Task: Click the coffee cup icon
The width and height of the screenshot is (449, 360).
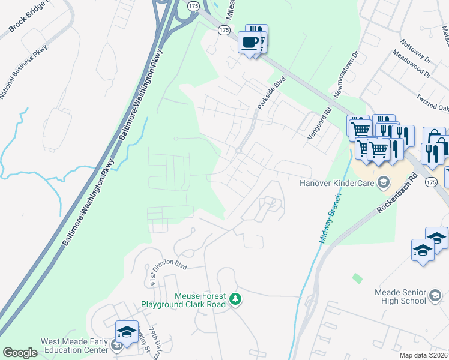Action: pyautogui.click(x=249, y=43)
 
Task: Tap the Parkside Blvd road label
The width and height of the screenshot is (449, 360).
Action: pyautogui.click(x=271, y=92)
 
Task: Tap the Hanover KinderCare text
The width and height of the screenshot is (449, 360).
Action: pyautogui.click(x=337, y=183)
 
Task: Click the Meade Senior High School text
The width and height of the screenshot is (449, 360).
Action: pyautogui.click(x=400, y=296)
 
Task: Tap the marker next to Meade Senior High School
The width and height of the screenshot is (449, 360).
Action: pyautogui.click(x=435, y=296)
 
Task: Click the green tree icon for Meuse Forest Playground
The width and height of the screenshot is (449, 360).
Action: pyautogui.click(x=236, y=299)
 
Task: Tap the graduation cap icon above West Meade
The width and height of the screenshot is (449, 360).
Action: pyautogui.click(x=127, y=332)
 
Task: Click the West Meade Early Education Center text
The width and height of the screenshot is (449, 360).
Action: pyautogui.click(x=74, y=346)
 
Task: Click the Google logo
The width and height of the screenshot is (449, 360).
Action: pyautogui.click(x=20, y=353)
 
